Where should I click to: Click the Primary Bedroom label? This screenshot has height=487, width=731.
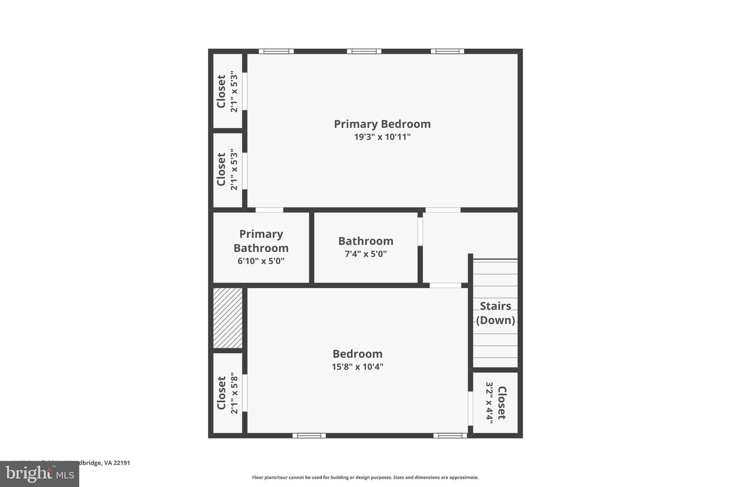(382, 124)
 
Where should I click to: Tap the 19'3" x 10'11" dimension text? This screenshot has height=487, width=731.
(382, 137)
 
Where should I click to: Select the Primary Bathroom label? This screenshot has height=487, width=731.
(261, 241)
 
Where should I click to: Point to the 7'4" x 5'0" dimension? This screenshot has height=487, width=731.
(365, 254)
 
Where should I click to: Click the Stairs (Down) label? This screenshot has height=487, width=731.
(495, 313)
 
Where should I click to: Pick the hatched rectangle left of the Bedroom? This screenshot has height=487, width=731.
(227, 318)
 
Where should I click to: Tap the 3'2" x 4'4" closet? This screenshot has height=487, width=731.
(495, 403)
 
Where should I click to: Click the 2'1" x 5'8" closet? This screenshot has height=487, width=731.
(227, 393)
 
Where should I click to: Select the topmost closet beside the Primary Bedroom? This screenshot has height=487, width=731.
(227, 92)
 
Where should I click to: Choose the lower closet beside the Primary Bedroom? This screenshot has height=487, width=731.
(227, 169)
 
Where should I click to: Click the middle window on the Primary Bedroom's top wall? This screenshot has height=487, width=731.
(364, 51)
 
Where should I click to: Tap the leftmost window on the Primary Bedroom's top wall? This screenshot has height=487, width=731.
(276, 51)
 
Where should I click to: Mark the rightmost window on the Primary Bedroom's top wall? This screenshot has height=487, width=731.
(447, 51)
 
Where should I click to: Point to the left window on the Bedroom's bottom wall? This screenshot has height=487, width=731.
(309, 435)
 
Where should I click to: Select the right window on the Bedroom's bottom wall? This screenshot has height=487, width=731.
(450, 435)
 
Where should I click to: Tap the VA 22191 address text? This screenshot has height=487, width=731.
(114, 463)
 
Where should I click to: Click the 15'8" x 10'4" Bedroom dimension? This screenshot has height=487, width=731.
(357, 367)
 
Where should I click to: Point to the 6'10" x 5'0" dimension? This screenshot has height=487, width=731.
(261, 261)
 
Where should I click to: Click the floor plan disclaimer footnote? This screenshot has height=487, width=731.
(365, 477)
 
